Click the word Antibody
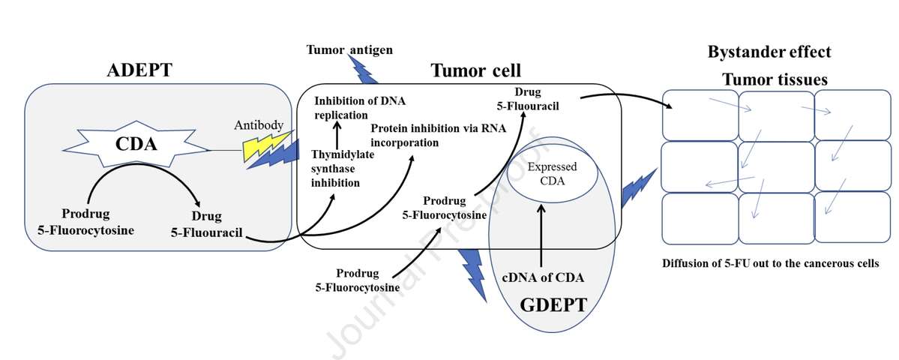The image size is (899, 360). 259,124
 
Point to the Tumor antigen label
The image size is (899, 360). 349,49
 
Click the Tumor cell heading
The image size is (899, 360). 475,70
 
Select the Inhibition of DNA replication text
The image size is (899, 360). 355,107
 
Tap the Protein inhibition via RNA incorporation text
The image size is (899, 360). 438,135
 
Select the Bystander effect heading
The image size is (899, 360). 769,52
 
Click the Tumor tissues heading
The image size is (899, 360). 775,79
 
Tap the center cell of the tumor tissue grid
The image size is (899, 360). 775,166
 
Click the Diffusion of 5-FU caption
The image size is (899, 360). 770,264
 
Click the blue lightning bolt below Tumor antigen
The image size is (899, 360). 364,70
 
